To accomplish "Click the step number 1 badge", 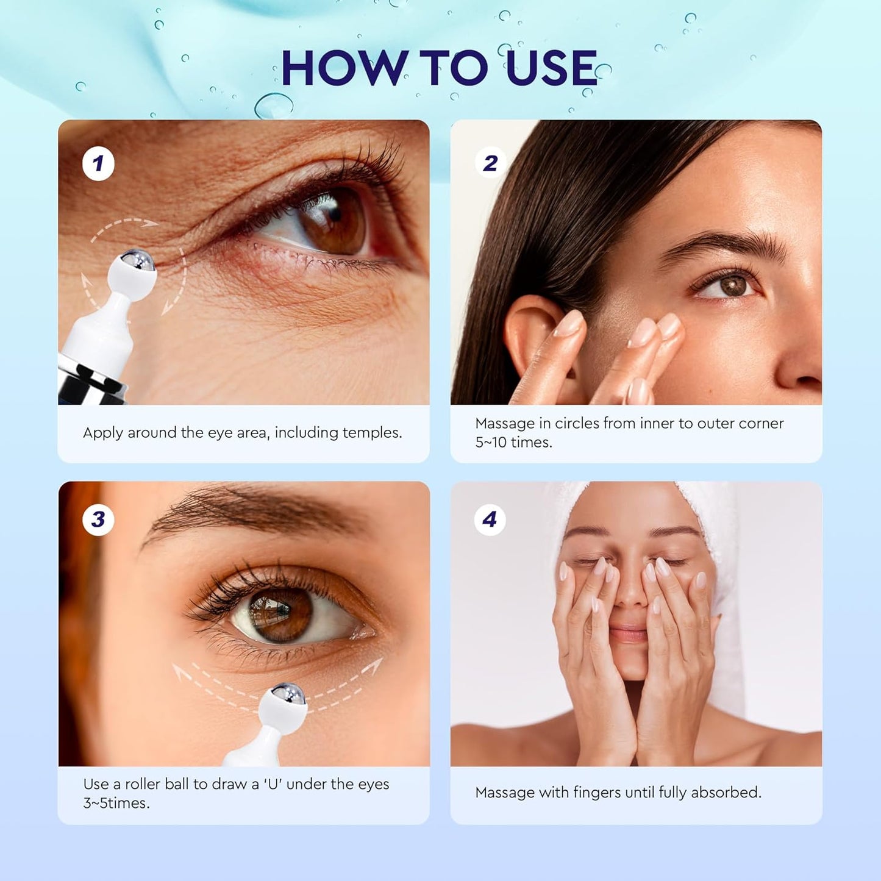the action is click(98, 163).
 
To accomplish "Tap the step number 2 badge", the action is click(490, 163).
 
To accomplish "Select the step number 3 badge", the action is click(98, 519).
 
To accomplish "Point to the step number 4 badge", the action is click(490, 519).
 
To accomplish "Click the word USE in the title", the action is click(552, 68).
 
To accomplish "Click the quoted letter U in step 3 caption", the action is click(274, 785).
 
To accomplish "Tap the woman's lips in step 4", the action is click(629, 633).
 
